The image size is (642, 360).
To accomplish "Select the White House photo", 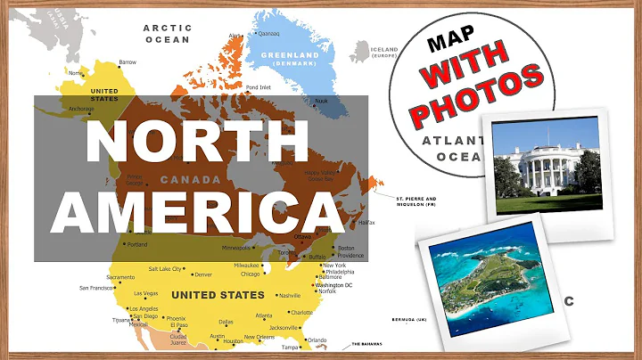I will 546,169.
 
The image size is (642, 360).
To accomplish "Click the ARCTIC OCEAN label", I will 167,33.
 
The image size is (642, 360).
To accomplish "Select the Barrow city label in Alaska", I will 128,62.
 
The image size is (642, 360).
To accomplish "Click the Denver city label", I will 203,274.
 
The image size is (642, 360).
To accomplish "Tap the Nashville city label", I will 289,296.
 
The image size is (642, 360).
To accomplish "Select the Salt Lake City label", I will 165,268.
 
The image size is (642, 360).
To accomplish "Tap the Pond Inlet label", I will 259,86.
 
